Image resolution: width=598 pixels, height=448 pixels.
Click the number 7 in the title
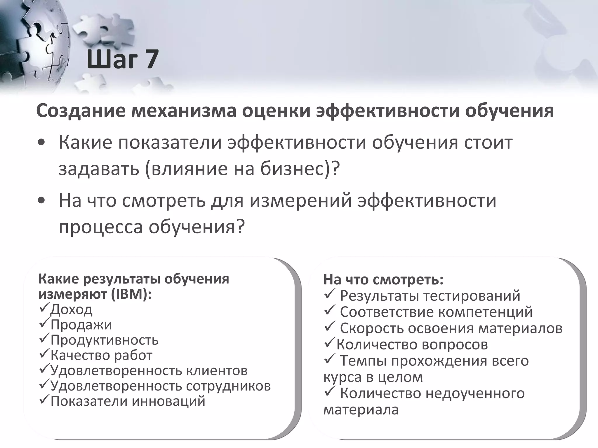[x=150, y=60]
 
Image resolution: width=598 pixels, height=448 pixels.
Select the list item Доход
[x=71, y=309]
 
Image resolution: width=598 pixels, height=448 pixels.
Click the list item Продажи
[x=81, y=325]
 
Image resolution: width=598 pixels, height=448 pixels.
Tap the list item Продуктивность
[x=104, y=340]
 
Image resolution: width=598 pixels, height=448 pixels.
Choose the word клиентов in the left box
[x=217, y=371]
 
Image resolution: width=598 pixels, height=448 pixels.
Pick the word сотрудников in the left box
[x=228, y=386]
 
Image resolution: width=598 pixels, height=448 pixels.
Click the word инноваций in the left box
[x=168, y=401]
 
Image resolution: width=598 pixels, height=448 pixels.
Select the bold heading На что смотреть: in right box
[x=383, y=280]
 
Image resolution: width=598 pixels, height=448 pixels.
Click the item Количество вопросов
[x=412, y=344]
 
